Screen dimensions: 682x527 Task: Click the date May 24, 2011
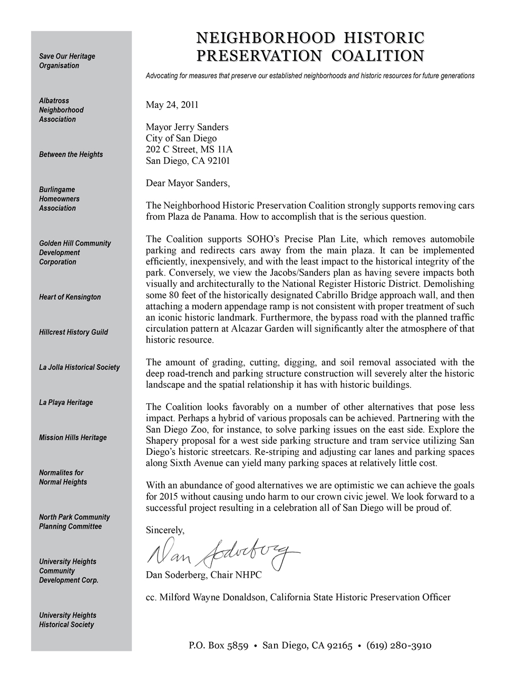(172, 104)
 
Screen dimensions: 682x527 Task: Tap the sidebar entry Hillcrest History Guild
(73, 332)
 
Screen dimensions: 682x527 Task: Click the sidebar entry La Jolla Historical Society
(79, 367)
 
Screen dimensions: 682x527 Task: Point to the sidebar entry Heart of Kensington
(70, 297)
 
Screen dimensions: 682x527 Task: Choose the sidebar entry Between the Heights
(71, 154)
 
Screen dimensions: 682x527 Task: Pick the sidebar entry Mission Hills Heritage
(73, 437)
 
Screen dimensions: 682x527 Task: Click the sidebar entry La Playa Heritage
(66, 403)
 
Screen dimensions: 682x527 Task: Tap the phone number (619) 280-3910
(399, 646)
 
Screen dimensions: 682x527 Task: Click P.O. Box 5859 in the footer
(218, 646)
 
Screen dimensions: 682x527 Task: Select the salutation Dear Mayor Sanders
(188, 183)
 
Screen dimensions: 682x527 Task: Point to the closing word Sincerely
(165, 530)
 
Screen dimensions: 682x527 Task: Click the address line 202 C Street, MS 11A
(189, 149)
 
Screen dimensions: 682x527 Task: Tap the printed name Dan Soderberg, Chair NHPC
(203, 575)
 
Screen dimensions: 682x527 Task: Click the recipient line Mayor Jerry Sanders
(187, 127)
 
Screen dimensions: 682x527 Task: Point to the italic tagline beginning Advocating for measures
(310, 76)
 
